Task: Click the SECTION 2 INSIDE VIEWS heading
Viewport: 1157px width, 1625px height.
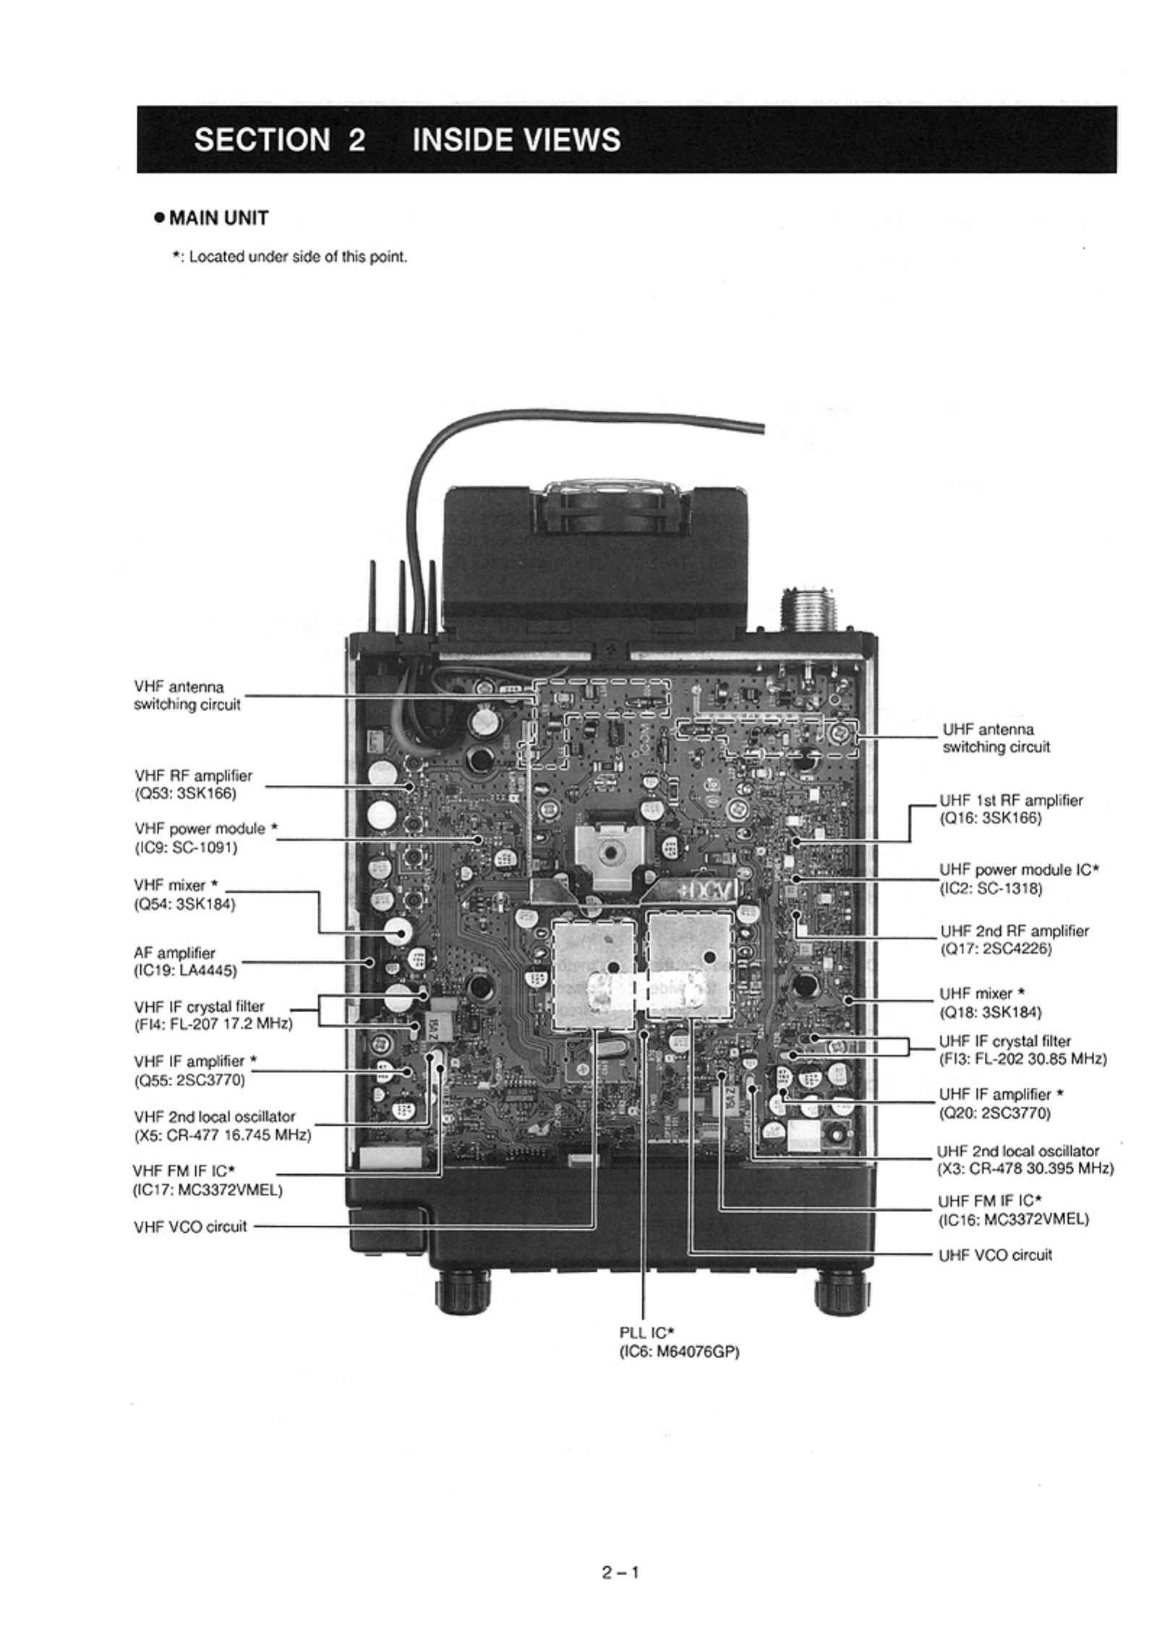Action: click(406, 140)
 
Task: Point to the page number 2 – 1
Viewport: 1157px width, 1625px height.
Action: click(620, 1571)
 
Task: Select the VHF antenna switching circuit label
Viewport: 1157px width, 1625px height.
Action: click(187, 695)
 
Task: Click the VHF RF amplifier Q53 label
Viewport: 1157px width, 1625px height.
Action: click(193, 784)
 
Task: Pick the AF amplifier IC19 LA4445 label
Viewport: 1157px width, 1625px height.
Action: click(185, 962)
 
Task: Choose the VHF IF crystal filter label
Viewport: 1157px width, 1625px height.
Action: click(213, 1015)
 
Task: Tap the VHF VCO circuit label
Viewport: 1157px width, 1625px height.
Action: click(190, 1226)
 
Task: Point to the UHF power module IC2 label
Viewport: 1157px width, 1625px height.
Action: click(1018, 879)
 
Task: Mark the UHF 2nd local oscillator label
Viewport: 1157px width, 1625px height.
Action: click(1025, 1159)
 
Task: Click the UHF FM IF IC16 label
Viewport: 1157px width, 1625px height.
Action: click(1012, 1210)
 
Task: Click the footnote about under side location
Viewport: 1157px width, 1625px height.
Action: click(289, 257)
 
